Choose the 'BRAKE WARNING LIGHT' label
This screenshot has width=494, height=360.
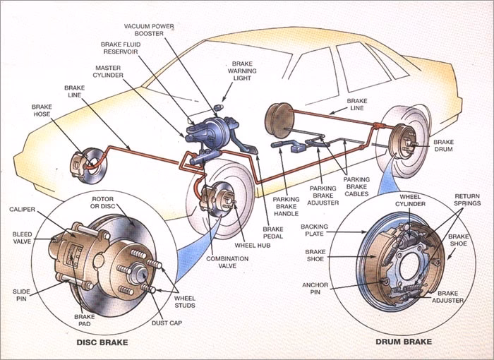click(x=242, y=71)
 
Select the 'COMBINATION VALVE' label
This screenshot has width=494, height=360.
click(x=227, y=263)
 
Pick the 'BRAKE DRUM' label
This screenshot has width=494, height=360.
click(x=444, y=145)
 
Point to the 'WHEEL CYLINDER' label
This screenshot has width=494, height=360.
click(x=413, y=200)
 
